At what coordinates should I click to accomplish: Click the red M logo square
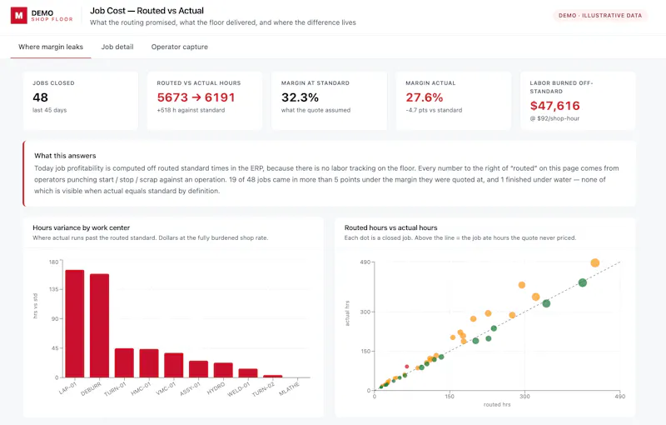[18, 16]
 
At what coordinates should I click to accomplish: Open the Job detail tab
[117, 47]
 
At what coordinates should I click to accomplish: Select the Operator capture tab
[180, 47]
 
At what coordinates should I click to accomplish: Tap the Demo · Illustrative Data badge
[600, 15]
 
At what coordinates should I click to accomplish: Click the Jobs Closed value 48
[40, 97]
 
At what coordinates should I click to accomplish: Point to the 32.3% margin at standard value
[300, 97]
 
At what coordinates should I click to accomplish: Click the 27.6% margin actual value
[425, 97]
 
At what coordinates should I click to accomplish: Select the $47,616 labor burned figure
[554, 106]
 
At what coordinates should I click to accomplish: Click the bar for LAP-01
[75, 324]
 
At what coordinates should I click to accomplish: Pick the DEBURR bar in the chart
[99, 326]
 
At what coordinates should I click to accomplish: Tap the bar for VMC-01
[174, 365]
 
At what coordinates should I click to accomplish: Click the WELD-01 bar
[248, 373]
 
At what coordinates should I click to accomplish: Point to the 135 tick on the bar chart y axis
[53, 289]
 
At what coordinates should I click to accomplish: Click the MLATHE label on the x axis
[289, 388]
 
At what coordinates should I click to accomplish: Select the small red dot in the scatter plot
[407, 367]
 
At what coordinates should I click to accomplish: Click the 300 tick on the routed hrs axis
[524, 397]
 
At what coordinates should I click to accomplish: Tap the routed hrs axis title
[497, 405]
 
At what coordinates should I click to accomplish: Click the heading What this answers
[65, 156]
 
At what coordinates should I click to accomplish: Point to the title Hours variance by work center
[81, 227]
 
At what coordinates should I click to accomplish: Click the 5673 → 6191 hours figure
[196, 97]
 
